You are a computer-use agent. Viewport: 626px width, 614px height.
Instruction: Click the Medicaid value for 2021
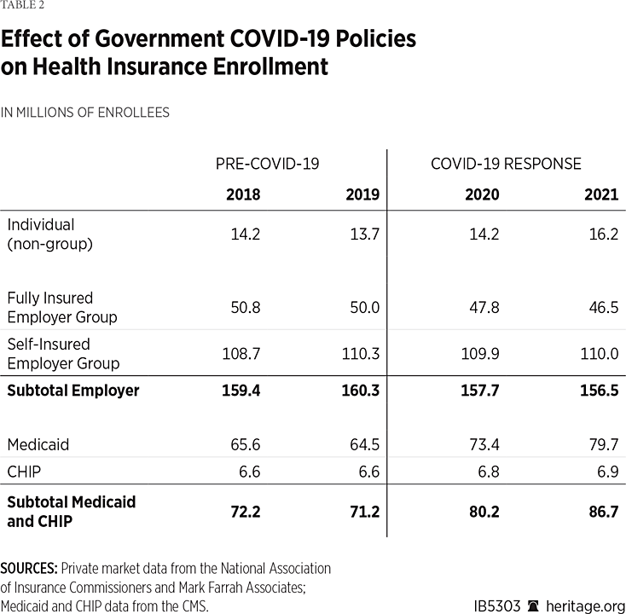[x=601, y=444]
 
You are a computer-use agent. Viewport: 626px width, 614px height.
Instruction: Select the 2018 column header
[x=243, y=194]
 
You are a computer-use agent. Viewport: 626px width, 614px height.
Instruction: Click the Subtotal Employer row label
[x=72, y=391]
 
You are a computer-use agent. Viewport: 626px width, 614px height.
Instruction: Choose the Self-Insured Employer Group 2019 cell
[x=359, y=353]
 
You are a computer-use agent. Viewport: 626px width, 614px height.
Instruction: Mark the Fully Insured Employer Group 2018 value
[x=244, y=307]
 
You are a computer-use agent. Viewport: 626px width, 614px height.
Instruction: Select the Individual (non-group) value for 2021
[x=601, y=234]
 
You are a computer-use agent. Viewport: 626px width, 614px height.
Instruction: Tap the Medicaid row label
[x=38, y=444]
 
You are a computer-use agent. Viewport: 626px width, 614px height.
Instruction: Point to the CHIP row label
[x=23, y=471]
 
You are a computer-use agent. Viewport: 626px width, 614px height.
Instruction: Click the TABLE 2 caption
[x=23, y=5]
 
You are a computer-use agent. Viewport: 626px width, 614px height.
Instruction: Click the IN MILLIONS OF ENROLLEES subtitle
[x=85, y=112]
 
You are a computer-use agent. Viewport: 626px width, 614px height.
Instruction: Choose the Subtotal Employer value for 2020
[x=482, y=391]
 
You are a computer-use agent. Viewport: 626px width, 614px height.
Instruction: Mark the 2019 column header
[x=362, y=194]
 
